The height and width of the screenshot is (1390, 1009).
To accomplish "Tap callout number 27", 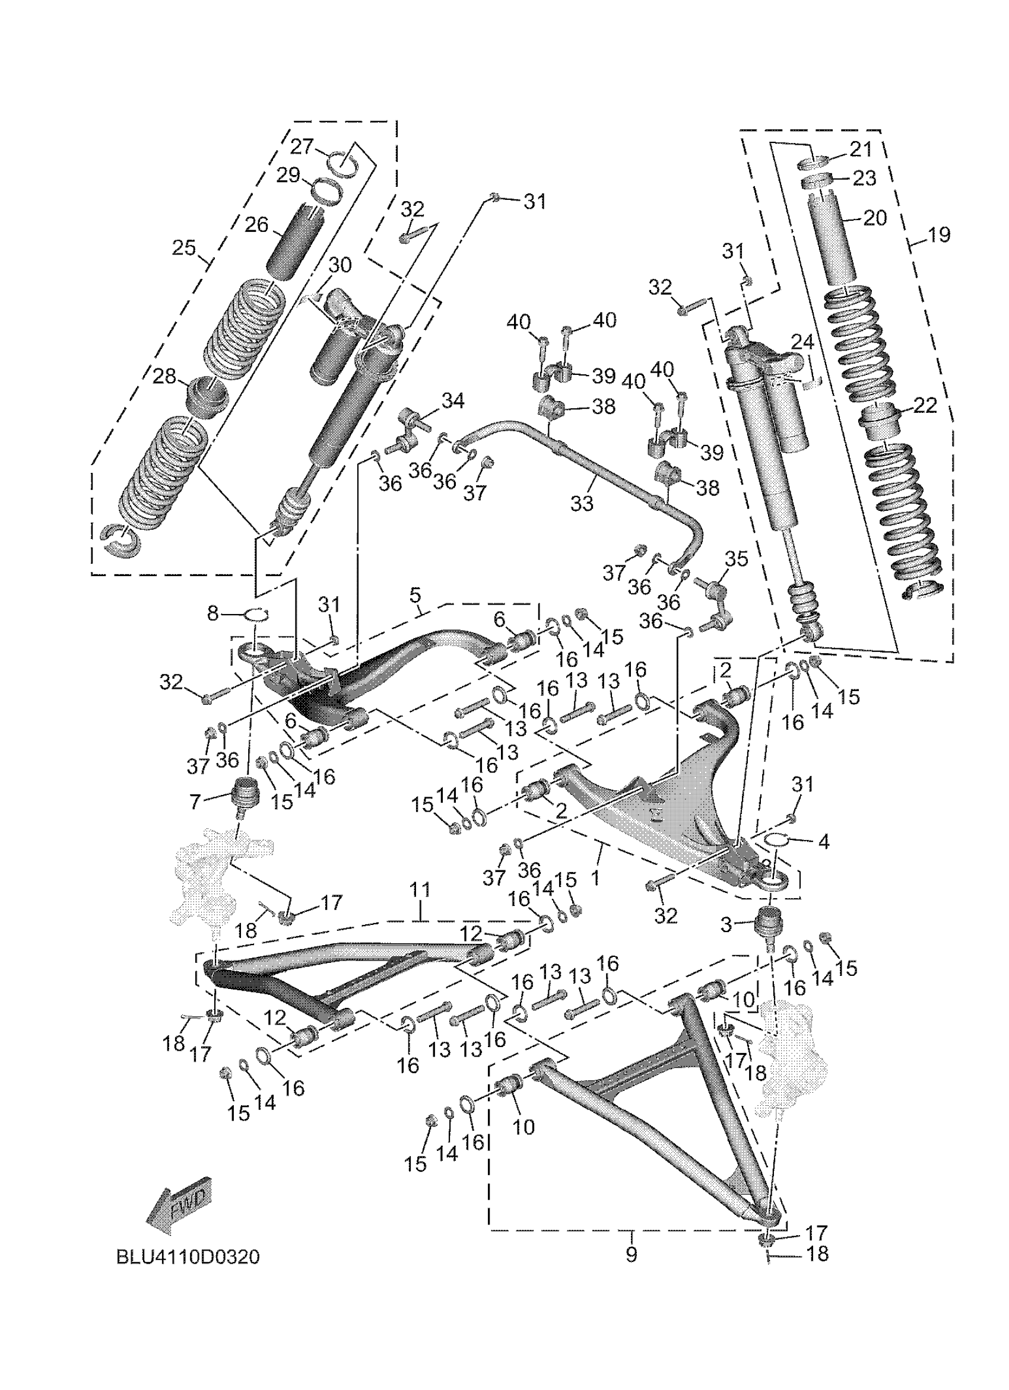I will (x=302, y=147).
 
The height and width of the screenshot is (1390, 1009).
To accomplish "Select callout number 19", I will (x=938, y=234).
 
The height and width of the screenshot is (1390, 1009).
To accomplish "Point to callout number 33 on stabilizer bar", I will (x=581, y=504).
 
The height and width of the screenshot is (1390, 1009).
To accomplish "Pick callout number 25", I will (x=183, y=248).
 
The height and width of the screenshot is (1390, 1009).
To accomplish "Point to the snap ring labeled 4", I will (x=775, y=839).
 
